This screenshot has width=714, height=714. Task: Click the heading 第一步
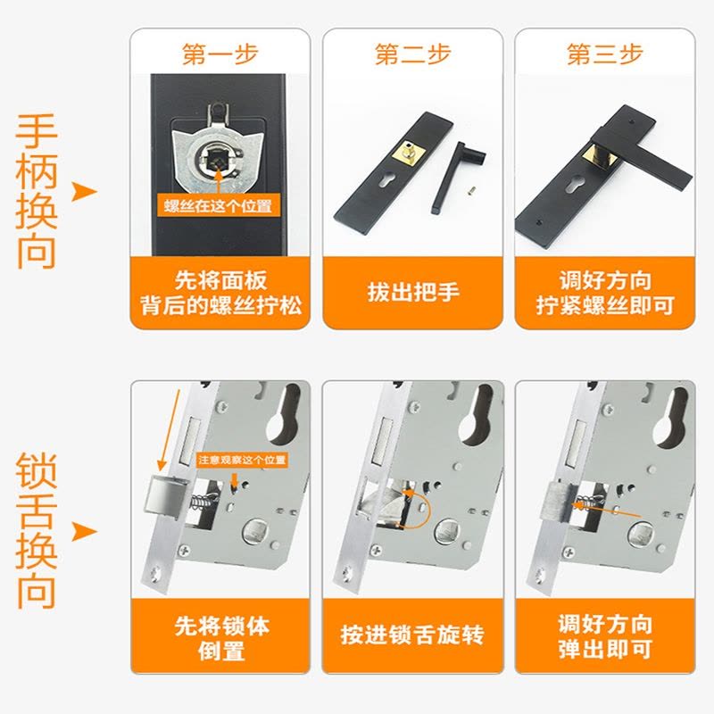(x=220, y=54)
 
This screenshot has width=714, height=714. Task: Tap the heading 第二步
(x=412, y=54)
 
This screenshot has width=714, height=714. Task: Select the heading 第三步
(x=605, y=54)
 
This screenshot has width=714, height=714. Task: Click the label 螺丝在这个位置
(x=218, y=206)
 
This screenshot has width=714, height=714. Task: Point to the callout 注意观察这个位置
(x=242, y=460)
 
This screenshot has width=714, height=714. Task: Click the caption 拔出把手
(x=413, y=292)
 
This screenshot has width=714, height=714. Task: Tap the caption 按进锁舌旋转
(x=412, y=635)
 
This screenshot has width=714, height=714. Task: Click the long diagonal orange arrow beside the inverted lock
(x=169, y=430)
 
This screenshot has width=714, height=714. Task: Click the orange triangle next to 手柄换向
(x=84, y=192)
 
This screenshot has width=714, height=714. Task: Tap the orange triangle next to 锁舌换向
(x=84, y=531)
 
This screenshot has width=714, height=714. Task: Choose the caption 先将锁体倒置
(x=221, y=638)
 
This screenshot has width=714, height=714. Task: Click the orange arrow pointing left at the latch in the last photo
(x=606, y=510)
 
